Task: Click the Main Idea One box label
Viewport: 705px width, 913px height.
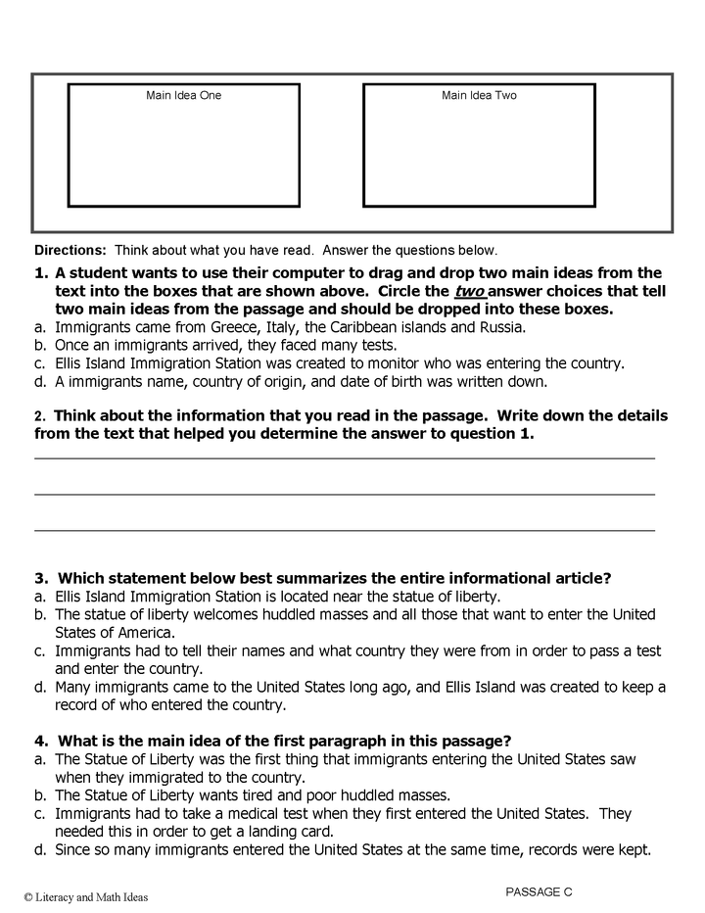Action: [184, 95]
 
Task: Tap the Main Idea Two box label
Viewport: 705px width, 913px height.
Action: [479, 95]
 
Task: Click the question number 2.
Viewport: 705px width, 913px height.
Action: [39, 415]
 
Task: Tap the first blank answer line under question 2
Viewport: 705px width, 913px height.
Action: [345, 457]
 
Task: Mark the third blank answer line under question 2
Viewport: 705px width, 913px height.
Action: [345, 530]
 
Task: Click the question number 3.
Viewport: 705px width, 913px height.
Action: [40, 578]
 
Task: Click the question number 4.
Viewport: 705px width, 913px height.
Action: [40, 740]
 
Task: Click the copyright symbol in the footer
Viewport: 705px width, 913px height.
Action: [29, 896]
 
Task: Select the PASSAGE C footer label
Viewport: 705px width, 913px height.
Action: [539, 891]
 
